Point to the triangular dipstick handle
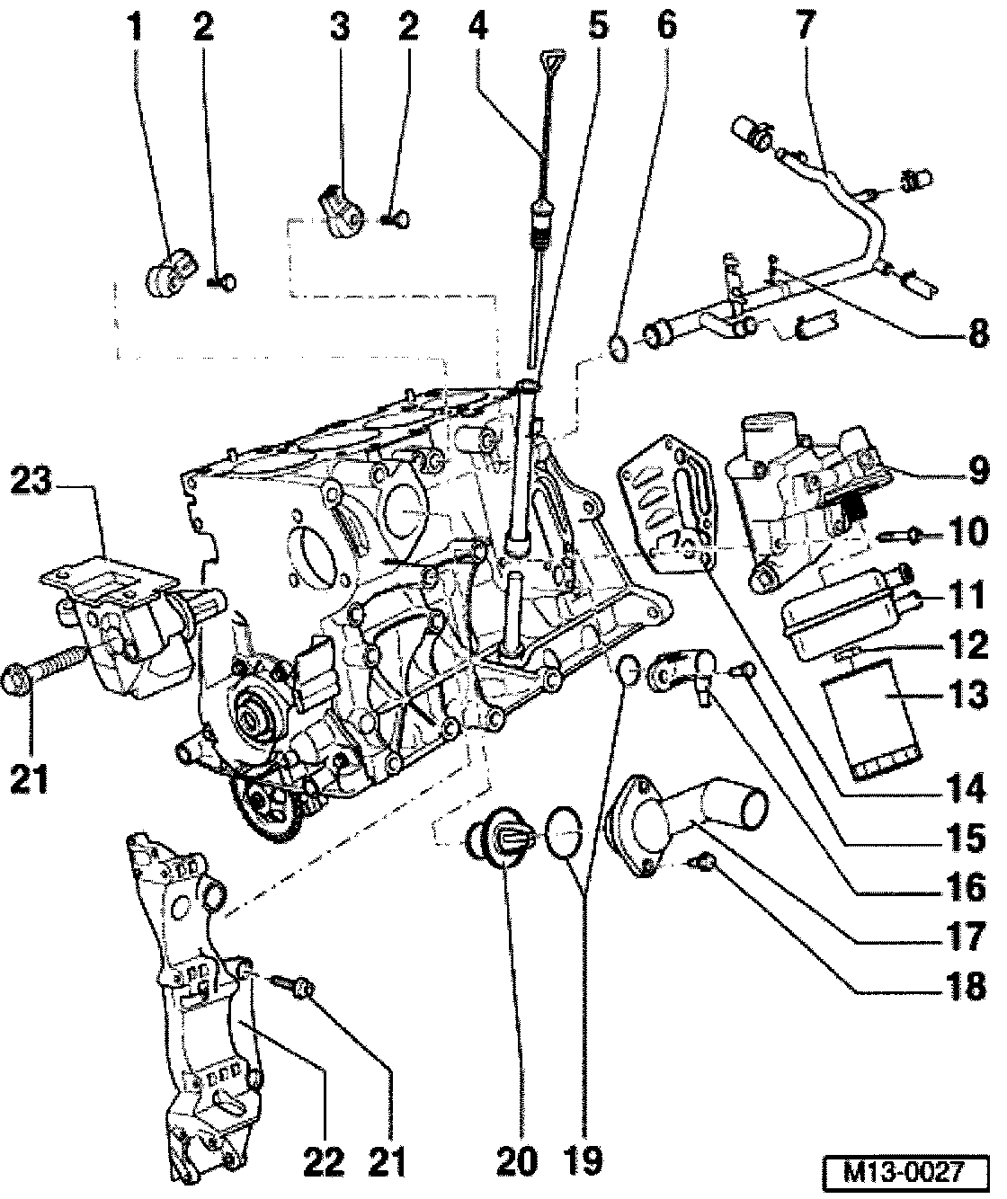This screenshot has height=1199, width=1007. click(552, 61)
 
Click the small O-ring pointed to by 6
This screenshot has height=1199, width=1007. click(618, 348)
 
